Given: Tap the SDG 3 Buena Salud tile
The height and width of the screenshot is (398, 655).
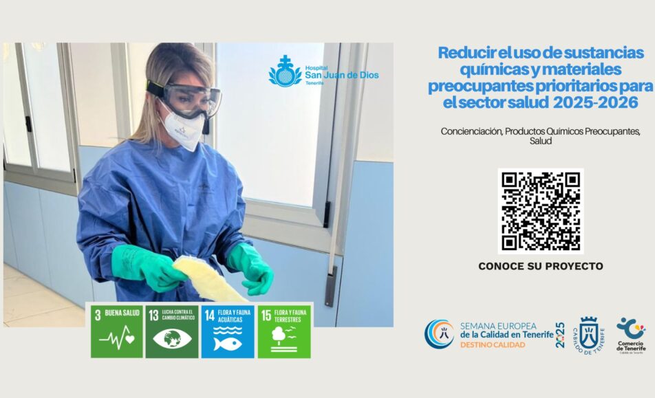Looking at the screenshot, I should tap(117, 331).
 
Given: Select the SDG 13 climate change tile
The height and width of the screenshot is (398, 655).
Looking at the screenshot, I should tap(172, 331).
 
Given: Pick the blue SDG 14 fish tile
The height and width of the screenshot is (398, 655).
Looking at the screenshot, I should tap(227, 331).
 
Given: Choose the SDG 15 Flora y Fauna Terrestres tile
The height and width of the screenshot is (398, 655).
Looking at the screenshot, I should tap(284, 331).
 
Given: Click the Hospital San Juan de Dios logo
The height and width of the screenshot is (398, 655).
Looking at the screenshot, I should tap(323, 72).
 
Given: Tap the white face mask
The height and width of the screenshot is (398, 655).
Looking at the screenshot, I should tap(183, 129).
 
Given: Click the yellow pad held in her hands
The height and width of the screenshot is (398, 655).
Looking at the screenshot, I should tap(209, 278).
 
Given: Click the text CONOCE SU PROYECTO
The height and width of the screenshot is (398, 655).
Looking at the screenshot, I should tap(540, 266).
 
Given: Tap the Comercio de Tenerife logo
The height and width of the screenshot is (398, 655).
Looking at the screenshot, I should tap(630, 334).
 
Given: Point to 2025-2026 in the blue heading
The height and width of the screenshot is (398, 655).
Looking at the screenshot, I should tap(598, 102).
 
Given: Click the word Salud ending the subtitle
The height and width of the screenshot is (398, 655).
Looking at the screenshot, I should tap(540, 141).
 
